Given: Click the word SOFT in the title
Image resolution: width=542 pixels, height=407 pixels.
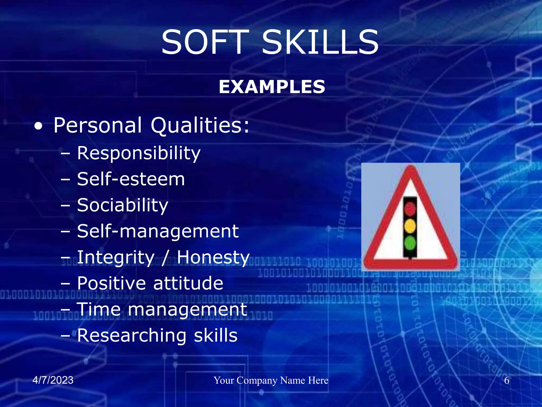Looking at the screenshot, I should click(x=205, y=42).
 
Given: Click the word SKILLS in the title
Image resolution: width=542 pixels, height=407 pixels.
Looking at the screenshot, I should click(x=320, y=42).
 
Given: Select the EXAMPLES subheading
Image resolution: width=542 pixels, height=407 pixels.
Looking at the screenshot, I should click(x=272, y=87).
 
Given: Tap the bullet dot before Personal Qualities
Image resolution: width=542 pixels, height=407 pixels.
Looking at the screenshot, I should click(x=38, y=126).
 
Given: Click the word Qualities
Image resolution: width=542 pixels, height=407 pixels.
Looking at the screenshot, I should click(x=200, y=125).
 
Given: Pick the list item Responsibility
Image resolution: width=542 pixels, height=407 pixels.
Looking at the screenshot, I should click(x=139, y=153).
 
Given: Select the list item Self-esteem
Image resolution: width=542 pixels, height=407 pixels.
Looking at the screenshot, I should click(x=131, y=179).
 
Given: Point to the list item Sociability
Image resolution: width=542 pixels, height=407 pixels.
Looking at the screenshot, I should click(x=123, y=205).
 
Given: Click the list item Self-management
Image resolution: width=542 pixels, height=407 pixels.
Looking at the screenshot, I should click(x=158, y=231).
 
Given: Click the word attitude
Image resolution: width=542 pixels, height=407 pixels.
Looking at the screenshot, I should click(x=188, y=283).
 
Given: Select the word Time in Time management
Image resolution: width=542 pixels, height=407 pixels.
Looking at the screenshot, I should click(x=99, y=309).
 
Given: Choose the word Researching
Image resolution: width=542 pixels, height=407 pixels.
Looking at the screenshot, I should click(x=132, y=335).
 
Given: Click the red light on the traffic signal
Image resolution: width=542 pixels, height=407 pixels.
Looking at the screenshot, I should click(x=410, y=209).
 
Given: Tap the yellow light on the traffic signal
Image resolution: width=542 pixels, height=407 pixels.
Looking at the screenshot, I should click(x=410, y=226).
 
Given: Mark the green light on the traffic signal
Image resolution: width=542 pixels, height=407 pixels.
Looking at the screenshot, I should click(x=410, y=243).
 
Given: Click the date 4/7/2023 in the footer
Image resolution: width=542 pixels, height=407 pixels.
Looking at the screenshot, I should click(x=53, y=380).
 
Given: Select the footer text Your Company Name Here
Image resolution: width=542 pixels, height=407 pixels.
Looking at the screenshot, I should click(x=271, y=381).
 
